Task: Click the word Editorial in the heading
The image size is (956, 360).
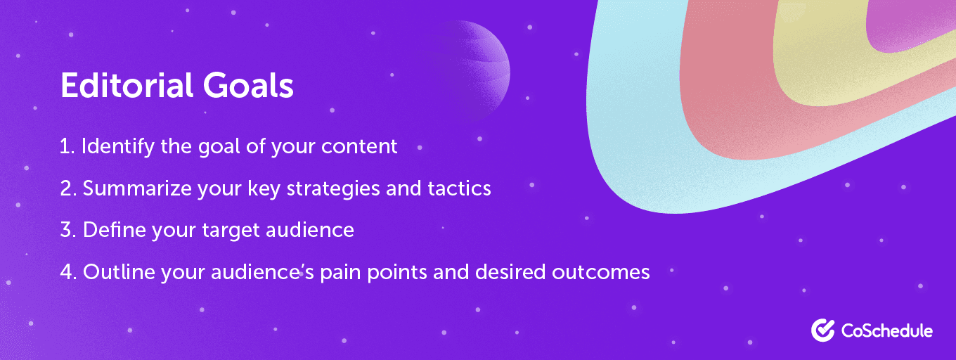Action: [127, 85]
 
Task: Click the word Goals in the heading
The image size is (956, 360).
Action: [248, 85]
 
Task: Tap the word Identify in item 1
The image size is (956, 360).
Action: [118, 147]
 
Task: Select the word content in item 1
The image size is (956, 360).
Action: [359, 146]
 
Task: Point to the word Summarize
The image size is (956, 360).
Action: [137, 188]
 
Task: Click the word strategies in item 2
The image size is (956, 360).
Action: [333, 188]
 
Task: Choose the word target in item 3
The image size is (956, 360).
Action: [231, 231]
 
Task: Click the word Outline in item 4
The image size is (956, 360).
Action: [119, 272]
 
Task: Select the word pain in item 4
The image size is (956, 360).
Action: [340, 272]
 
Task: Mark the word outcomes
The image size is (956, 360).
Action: [601, 272]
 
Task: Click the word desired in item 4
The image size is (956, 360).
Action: [510, 272]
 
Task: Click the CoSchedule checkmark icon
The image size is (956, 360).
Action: [823, 330]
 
